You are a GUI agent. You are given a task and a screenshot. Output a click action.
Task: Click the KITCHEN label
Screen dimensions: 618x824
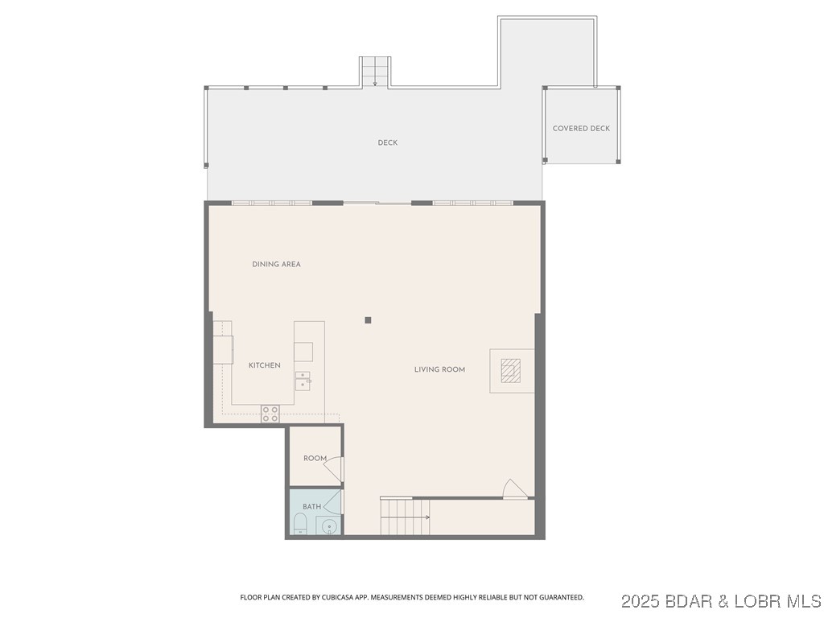tap(264, 365)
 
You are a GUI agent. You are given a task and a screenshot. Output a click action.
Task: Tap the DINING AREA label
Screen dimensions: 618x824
tap(276, 264)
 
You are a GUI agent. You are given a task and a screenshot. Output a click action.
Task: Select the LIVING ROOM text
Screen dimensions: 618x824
tap(439, 369)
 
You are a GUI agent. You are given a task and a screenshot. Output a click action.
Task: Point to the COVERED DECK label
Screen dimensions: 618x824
tap(581, 129)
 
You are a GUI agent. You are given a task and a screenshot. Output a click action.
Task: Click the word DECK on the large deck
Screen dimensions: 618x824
tap(388, 143)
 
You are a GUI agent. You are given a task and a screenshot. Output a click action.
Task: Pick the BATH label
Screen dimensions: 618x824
tap(311, 506)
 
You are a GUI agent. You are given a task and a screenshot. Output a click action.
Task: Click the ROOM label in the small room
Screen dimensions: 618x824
tap(315, 459)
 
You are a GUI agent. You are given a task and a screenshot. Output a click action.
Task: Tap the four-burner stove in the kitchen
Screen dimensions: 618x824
tap(270, 414)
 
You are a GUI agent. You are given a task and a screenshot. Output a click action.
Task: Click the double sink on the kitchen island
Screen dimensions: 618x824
tap(303, 380)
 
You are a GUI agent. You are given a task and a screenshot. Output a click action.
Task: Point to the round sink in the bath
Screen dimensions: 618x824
tap(329, 527)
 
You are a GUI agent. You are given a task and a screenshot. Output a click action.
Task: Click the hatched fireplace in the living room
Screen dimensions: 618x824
tap(510, 370)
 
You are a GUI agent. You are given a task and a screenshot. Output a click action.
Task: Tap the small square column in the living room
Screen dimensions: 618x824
tap(368, 320)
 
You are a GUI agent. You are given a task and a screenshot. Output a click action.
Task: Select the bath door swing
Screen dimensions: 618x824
tap(333, 501)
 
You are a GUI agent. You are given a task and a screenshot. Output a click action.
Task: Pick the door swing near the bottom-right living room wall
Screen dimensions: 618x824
tap(513, 488)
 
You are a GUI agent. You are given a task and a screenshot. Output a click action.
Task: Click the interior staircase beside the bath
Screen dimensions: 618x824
tap(404, 517)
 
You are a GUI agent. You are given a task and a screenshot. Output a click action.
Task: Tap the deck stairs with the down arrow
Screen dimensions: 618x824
tap(374, 72)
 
